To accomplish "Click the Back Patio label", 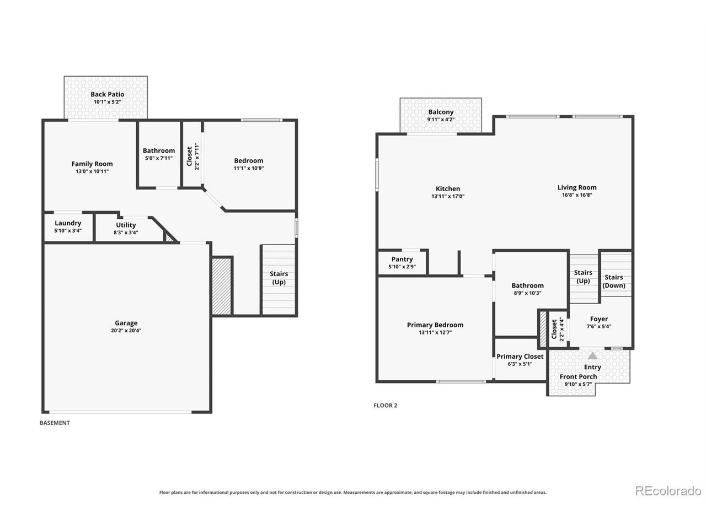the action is [x=107, y=94].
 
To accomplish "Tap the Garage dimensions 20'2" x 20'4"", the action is [x=126, y=331].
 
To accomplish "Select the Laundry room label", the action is [x=68, y=223].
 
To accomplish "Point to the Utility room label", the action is [x=126, y=225].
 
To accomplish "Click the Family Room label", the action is [x=92, y=164].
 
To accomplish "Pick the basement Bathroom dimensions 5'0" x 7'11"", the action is [x=159, y=158].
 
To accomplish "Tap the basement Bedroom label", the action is [x=249, y=160].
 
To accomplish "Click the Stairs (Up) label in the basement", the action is [x=279, y=278].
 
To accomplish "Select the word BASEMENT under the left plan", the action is [x=55, y=423].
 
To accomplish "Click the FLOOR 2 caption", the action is [x=386, y=406].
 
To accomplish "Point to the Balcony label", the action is [x=441, y=112].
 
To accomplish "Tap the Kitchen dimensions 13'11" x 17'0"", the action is [x=448, y=196].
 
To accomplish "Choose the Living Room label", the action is [x=577, y=187].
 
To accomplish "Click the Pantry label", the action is [x=402, y=259].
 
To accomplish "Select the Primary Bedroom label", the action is [x=435, y=325].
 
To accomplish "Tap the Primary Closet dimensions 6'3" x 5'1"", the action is [x=520, y=364].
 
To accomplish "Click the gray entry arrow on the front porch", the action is [x=592, y=356].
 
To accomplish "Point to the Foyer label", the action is [x=599, y=319].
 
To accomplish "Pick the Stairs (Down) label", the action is [x=614, y=282].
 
